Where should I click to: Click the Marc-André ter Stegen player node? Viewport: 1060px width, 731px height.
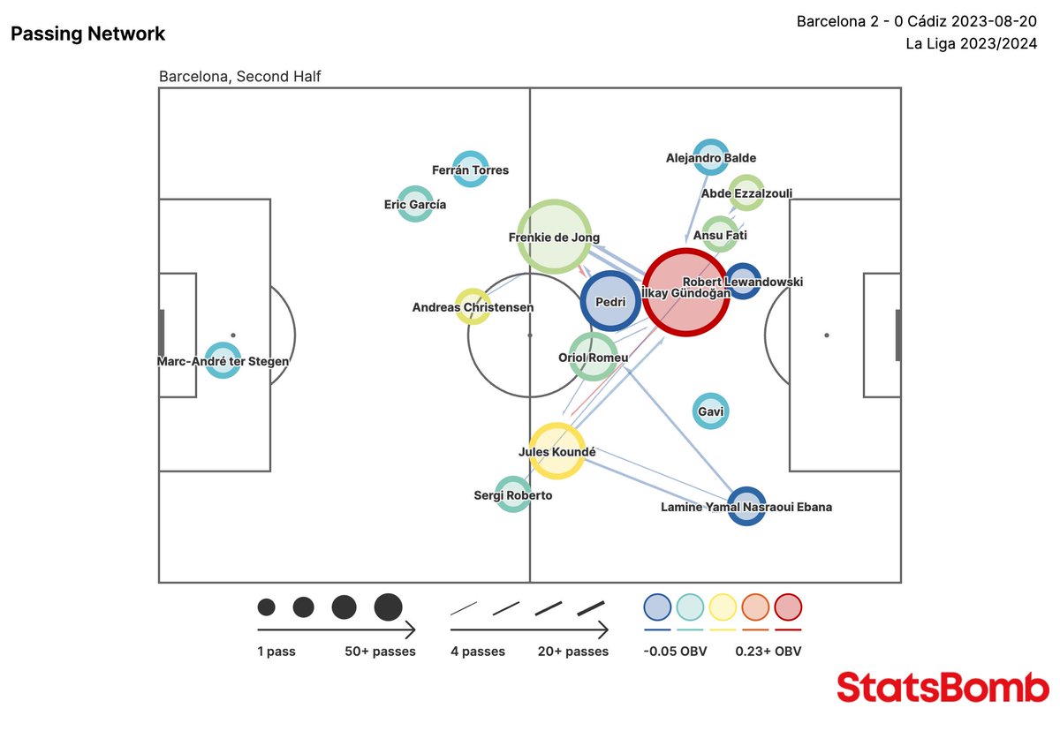coord(223,360)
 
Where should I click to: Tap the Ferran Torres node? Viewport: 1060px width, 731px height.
coord(471,169)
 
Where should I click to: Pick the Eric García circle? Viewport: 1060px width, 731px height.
coord(414,204)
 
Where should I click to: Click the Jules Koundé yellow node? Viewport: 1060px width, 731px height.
coord(556,451)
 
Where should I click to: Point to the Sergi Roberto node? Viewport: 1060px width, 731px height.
coord(512,494)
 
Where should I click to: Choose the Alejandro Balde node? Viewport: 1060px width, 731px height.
coord(710,157)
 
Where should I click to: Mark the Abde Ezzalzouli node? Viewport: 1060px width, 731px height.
coord(746,192)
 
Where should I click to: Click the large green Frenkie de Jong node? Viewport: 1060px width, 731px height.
coord(554,236)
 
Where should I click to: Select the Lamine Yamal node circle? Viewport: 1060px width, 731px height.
coord(746,506)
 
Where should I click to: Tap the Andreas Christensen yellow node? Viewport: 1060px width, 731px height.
coord(473,306)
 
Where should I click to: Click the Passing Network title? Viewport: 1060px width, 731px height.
coord(87,34)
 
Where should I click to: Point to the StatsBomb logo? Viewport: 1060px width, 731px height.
coord(943,687)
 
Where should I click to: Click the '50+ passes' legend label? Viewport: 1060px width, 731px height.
coord(380,652)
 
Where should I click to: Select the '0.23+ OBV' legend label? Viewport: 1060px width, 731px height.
coord(768,652)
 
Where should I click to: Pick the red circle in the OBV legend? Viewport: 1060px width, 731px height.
coord(788,607)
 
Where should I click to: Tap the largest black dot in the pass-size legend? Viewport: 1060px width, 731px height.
coord(388,607)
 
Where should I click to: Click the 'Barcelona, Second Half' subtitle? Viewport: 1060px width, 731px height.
coord(239,77)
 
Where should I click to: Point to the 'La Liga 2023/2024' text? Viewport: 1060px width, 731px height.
coord(971,43)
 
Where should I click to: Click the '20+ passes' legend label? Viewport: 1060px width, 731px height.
coord(572,652)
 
